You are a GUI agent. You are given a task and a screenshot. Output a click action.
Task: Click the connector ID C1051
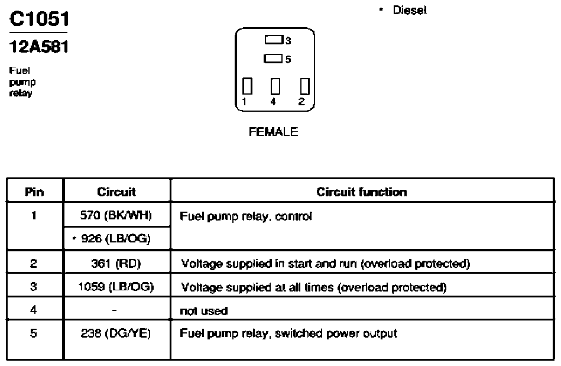point(40,19)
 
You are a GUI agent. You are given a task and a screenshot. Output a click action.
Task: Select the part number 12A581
point(39,47)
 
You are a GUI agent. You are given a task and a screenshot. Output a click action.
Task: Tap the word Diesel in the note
point(410,10)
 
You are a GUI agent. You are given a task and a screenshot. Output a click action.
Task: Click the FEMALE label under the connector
point(273,132)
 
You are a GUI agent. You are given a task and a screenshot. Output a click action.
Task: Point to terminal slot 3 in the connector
point(274,40)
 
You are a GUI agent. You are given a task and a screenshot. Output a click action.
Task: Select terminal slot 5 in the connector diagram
point(273,59)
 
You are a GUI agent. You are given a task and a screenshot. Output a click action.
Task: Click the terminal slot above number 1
point(247,86)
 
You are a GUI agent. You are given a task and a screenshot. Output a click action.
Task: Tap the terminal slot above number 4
point(275,86)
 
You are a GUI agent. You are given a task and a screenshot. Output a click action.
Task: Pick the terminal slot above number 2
point(304,86)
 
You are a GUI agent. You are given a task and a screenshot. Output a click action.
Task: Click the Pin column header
point(34,192)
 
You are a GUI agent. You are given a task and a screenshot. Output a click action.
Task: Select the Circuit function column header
point(362,192)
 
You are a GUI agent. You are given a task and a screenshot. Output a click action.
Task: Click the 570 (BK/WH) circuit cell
point(116,215)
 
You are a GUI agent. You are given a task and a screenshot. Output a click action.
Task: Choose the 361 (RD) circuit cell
point(116,263)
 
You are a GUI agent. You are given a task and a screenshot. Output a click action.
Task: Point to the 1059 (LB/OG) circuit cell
point(116,287)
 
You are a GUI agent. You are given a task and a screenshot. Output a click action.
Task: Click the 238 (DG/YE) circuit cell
point(116,333)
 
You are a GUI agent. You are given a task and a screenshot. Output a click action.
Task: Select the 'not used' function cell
point(203,310)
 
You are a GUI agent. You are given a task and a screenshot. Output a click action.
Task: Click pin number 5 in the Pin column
point(33,333)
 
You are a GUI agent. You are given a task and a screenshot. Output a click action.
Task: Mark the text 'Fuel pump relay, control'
point(246,216)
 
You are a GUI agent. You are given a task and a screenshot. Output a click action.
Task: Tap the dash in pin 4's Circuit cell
point(114,310)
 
